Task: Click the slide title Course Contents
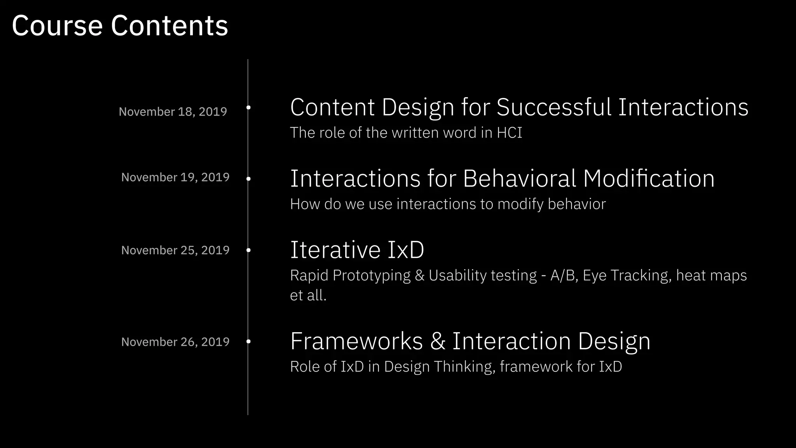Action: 120,26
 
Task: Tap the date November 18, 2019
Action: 173,112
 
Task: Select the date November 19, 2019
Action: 175,177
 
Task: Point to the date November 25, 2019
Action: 175,250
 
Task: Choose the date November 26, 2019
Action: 175,342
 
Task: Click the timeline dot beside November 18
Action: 248,107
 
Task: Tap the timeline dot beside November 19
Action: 248,179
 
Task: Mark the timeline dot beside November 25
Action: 248,250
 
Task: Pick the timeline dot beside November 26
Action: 248,341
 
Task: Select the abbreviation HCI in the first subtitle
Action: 509,133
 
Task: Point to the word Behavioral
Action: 519,179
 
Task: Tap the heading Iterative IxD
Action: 357,250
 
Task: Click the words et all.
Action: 308,295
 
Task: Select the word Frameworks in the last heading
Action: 356,341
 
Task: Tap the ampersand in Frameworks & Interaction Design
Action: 438,341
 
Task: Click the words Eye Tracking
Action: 627,275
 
